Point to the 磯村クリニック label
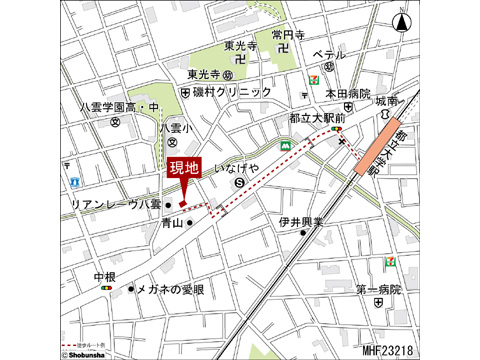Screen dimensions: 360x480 [x=233, y=92]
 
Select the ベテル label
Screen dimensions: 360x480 [x=328, y=55]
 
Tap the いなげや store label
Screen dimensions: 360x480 [x=239, y=169]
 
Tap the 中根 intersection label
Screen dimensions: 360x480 [x=105, y=275]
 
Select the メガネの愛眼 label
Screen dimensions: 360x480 [x=170, y=289]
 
